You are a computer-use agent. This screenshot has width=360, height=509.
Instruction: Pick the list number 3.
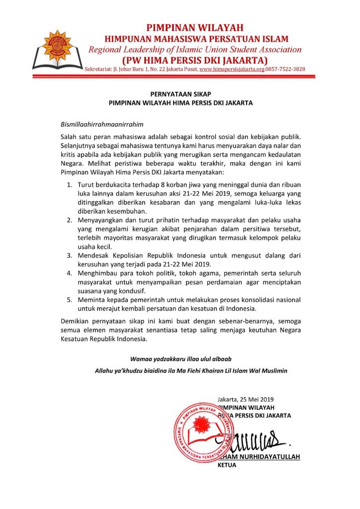pos(69,255)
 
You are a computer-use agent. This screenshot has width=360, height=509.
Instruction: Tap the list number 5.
pos(69,300)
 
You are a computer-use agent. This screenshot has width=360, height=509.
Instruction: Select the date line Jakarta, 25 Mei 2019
pos(246,398)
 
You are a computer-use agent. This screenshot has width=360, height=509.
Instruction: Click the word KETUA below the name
pos(228,465)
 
